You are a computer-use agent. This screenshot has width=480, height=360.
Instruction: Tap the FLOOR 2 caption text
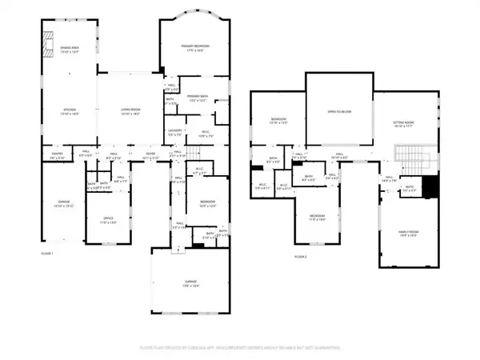click(x=300, y=256)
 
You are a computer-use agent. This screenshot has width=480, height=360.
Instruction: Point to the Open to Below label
click(x=339, y=112)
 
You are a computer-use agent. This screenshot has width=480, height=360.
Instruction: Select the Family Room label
click(x=409, y=234)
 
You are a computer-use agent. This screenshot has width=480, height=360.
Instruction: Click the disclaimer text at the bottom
click(x=240, y=348)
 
